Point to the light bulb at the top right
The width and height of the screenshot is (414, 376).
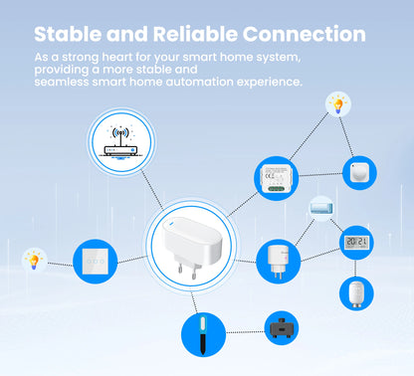tap(339, 103)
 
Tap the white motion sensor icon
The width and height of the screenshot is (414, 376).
tap(359, 172)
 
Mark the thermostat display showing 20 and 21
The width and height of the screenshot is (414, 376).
tap(356, 243)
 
